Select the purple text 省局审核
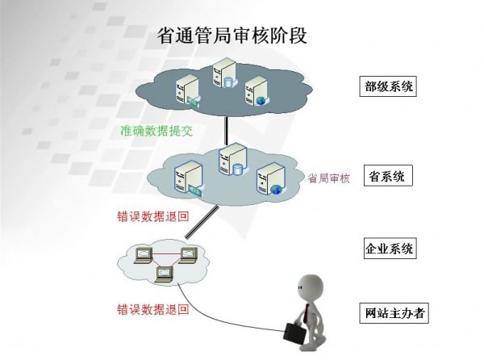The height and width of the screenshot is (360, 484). (329, 178)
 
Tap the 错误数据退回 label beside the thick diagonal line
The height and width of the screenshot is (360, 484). (154, 218)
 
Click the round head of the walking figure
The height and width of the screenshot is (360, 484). (309, 286)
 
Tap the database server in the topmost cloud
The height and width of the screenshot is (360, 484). (223, 73)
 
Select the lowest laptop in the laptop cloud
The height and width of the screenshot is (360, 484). (165, 272)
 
